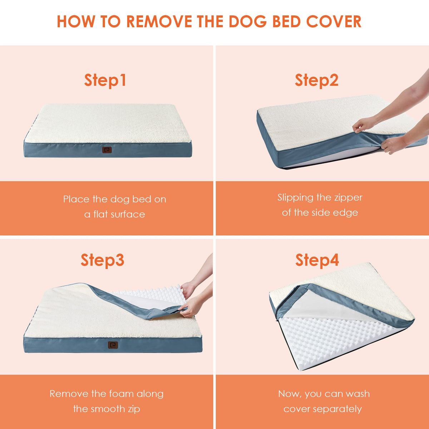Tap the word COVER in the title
pos(334,21)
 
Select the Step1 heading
pos(105,80)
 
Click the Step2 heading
pos(317,80)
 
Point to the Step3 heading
pos(102,260)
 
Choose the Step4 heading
pos(317,260)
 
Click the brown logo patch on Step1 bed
pos(107,150)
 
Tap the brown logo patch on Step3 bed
pos(113,345)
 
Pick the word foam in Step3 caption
pos(122,394)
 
